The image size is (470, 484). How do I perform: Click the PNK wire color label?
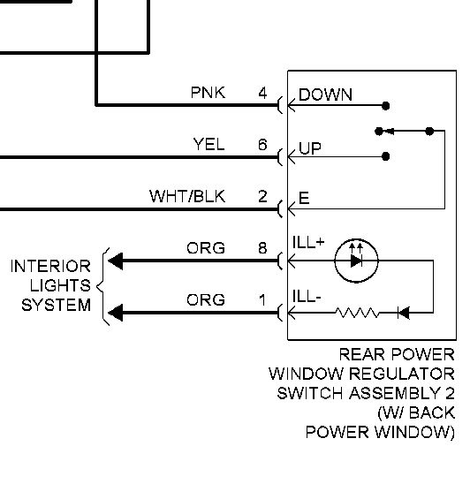tap(208, 93)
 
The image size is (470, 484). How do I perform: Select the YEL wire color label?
tap(209, 145)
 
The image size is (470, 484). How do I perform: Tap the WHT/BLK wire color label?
tap(187, 196)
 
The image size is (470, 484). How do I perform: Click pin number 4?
tap(262, 93)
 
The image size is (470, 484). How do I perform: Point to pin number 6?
tap(262, 145)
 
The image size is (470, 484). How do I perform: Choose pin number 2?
tap(262, 196)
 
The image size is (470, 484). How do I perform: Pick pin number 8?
tap(262, 248)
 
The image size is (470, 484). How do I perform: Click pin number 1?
tap(262, 299)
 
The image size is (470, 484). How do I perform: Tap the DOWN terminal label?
tap(325, 95)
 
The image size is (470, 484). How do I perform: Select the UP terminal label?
tap(310, 148)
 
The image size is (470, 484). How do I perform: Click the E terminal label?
tap(304, 198)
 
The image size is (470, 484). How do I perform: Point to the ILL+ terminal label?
tap(308, 242)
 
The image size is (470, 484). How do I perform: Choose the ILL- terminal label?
tap(307, 297)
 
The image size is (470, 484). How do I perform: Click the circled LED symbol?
tap(356, 261)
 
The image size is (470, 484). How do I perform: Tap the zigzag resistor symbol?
tap(357, 313)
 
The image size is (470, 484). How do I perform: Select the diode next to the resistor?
tap(404, 313)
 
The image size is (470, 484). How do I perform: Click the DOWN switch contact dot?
tap(385, 106)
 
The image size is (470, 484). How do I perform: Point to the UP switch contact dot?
tap(385, 156)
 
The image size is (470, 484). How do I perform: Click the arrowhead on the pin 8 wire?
tap(116, 261)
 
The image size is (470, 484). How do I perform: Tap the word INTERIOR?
tap(50, 267)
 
